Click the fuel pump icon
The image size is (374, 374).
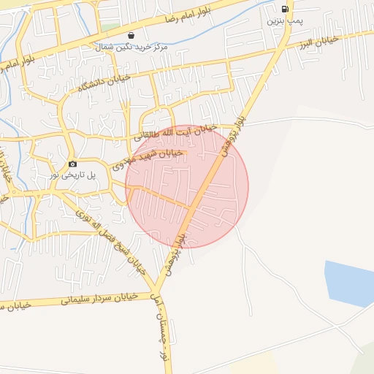tap(284, 9)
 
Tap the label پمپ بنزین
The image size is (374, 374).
tap(284, 22)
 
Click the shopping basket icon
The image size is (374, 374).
tap(131, 34)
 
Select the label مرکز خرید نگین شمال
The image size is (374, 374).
tap(131, 46)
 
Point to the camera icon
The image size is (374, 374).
tap(72, 164)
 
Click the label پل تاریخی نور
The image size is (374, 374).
tap(72, 175)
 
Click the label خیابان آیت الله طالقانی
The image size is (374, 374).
tap(176, 132)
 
